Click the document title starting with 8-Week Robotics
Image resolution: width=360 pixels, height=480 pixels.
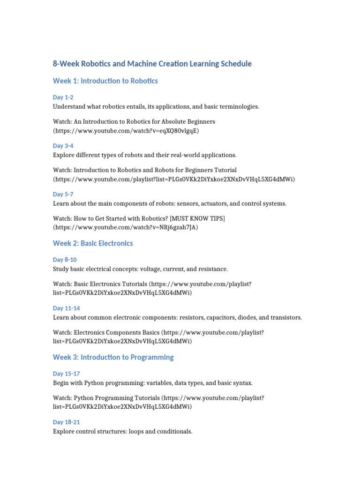tap(152, 64)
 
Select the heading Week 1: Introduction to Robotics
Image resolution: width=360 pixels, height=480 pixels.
tap(105, 81)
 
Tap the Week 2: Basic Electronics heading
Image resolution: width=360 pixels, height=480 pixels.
tap(93, 243)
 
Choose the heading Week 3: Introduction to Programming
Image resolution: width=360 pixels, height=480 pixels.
tap(113, 357)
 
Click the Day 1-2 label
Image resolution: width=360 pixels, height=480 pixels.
tap(63, 97)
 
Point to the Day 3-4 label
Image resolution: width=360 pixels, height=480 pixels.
tap(63, 146)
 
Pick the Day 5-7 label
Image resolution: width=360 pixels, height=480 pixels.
tap(63, 194)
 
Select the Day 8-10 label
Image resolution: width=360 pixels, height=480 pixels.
tap(65, 260)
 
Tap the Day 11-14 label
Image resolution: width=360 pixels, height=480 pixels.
tap(66, 308)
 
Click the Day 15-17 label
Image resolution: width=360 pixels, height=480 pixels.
tap(66, 374)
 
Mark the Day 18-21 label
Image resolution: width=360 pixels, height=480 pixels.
tap(66, 422)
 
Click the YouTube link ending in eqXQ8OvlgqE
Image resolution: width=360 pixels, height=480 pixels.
tap(126, 131)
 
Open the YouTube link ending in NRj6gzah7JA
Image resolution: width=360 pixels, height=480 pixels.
tap(126, 227)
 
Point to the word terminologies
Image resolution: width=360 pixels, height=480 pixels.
tap(238, 106)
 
